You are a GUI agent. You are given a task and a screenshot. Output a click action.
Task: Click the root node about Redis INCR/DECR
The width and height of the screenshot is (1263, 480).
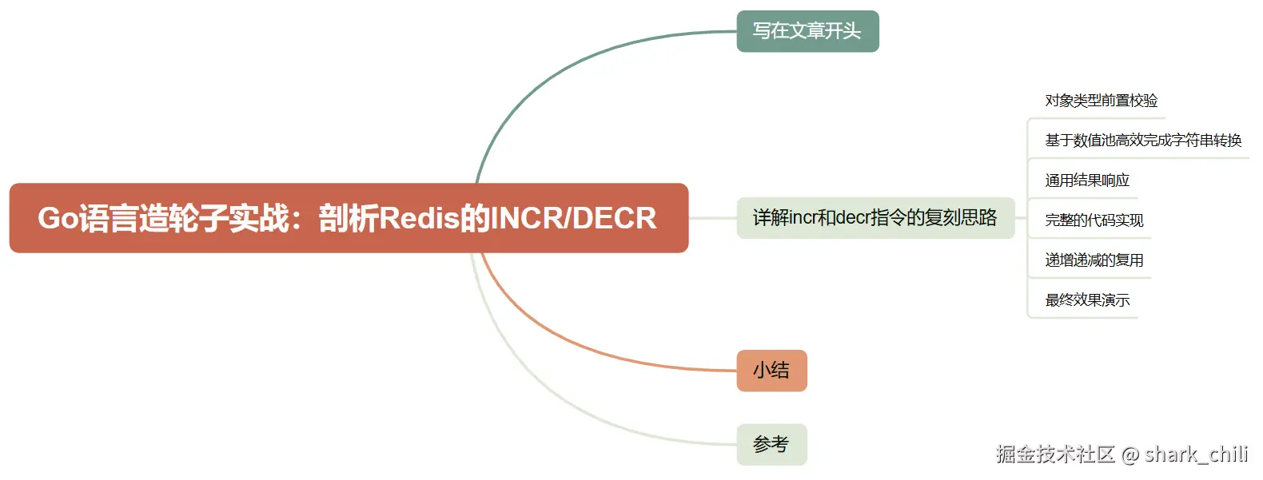(349, 218)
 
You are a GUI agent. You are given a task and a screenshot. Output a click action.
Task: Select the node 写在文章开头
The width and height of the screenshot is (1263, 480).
(807, 31)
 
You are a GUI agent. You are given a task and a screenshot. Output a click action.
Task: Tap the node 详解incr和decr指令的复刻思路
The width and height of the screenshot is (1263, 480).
(875, 217)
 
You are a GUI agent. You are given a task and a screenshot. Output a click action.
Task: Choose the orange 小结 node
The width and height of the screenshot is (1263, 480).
(771, 371)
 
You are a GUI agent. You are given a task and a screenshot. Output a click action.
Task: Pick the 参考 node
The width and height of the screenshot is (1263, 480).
(771, 444)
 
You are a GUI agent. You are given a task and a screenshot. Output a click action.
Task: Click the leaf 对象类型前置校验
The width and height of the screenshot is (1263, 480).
(1101, 101)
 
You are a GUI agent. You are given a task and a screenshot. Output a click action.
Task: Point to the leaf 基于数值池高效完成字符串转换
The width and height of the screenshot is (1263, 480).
(1143, 141)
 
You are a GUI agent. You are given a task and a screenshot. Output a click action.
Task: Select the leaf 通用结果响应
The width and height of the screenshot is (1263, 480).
(1087, 180)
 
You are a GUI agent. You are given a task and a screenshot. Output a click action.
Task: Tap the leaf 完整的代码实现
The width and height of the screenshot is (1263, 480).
(1094, 220)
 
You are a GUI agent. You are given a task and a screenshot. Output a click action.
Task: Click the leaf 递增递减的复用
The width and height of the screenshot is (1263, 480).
(1094, 260)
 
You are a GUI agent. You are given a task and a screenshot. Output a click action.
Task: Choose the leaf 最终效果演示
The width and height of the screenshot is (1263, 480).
(1087, 300)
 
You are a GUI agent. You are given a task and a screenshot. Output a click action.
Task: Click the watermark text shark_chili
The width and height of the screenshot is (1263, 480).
(1196, 454)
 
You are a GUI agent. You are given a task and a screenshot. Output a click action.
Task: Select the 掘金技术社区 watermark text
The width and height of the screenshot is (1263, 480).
(1055, 454)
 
